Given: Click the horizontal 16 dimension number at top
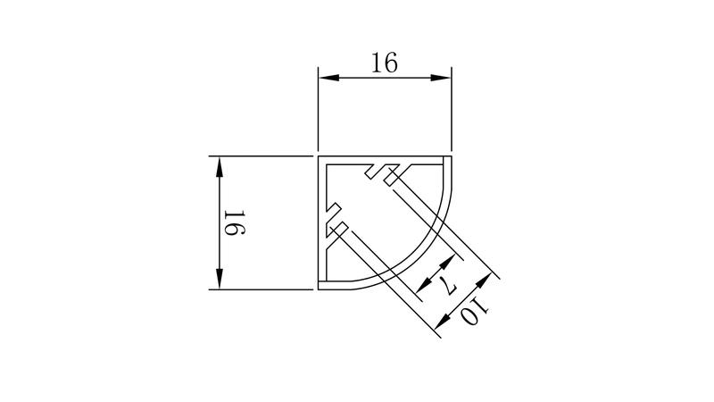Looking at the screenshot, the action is coord(385,63).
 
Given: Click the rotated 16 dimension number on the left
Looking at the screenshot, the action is coord(235,222).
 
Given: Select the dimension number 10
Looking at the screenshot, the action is coord(475,312).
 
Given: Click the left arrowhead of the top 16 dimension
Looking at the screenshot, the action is coord(328,78).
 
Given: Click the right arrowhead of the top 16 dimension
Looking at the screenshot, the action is coord(441,78).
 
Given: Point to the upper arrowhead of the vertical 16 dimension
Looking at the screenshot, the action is coord(220,167).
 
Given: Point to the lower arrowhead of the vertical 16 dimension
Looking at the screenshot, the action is coord(220,279).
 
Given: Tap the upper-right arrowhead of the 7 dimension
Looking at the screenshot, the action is coord(448,262).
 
